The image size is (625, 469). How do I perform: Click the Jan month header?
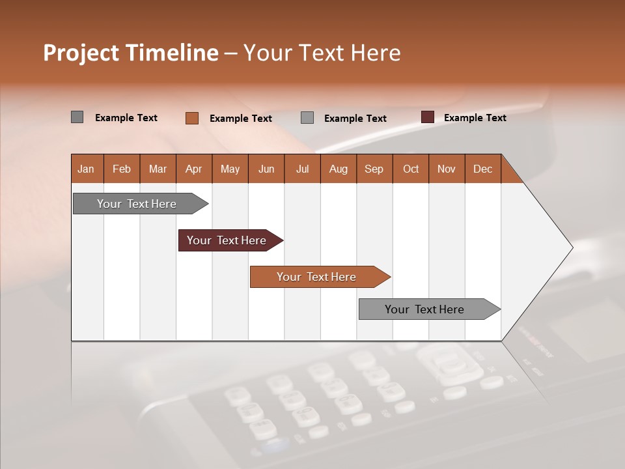coord(86,169)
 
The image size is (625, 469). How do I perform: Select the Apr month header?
coord(193,169)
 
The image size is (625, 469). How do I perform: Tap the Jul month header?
coord(302,169)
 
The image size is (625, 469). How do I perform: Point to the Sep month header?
coord(374,169)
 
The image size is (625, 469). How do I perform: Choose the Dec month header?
coord(482,169)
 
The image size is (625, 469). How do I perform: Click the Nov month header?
coord(446,169)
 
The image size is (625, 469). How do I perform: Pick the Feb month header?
coord(122,169)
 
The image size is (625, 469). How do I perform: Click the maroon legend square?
coord(428,117)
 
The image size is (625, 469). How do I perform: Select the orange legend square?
coord(192,118)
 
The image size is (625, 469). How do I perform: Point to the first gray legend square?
coord(77,117)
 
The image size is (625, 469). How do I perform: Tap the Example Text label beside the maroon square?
coord(475,117)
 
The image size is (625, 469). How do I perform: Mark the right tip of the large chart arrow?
coord(571,247)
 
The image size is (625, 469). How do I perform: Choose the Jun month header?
coord(266,169)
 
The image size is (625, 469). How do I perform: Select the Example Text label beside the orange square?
coord(240,118)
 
